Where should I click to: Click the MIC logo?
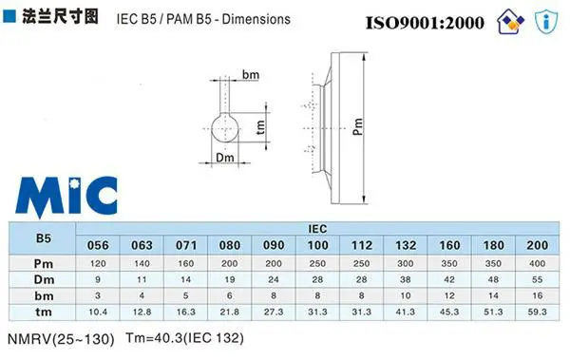66,197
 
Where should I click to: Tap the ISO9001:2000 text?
425,23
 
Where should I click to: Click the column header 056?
98,245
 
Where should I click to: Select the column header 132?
406,245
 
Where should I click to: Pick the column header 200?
538,245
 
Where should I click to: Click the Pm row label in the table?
44,264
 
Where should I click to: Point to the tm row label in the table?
44,312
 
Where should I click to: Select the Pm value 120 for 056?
98,264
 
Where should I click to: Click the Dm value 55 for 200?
538,279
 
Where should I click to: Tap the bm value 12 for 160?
449,295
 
